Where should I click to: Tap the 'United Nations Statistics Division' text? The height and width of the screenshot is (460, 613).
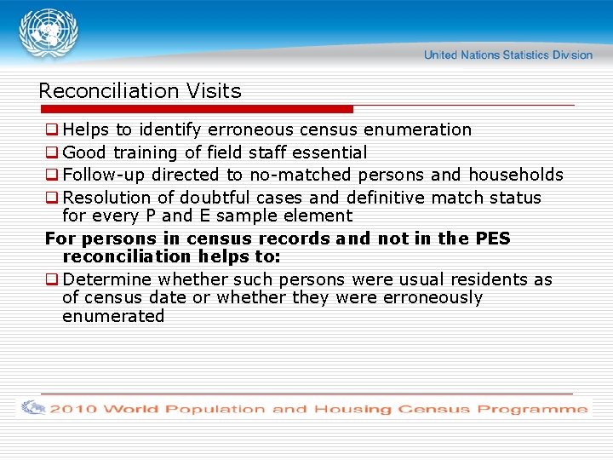click(x=507, y=55)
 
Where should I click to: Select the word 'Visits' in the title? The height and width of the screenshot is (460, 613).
click(x=214, y=91)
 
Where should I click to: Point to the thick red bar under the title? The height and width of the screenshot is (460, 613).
click(x=196, y=109)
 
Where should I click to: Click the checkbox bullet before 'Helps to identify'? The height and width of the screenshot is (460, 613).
click(x=52, y=130)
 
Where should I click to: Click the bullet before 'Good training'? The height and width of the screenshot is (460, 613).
click(x=52, y=153)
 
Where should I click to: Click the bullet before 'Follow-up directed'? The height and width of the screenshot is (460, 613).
click(x=52, y=175)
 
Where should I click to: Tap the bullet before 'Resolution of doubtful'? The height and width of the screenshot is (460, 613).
click(x=52, y=198)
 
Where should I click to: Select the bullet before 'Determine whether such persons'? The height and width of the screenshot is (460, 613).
click(x=52, y=280)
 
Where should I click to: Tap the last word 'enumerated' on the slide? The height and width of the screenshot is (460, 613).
click(x=113, y=316)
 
